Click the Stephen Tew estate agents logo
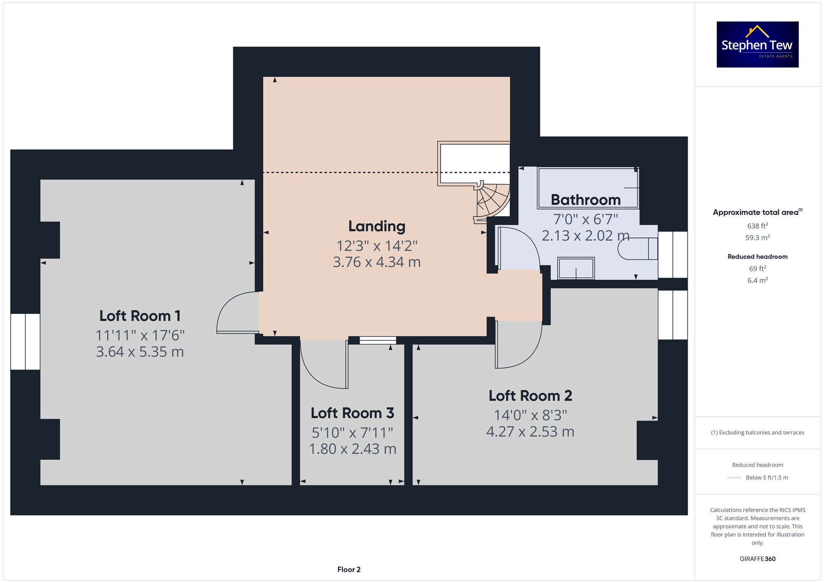757,44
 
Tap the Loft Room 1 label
140,316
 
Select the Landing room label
377,226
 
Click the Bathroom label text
585,200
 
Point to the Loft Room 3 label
352,413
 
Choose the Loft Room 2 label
530,396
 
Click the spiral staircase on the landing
492,200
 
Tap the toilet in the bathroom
637,249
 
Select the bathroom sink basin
576,268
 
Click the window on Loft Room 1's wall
25,342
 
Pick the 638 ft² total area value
757,226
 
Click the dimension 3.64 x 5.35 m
140,352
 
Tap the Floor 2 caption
349,569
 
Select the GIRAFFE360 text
757,559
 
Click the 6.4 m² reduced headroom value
757,280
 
